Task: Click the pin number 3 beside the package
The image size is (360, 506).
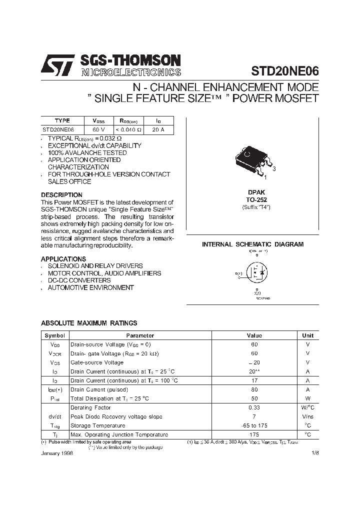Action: tap(274, 169)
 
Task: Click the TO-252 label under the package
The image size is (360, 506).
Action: tap(256, 199)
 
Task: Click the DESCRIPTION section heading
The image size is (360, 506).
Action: tap(61, 195)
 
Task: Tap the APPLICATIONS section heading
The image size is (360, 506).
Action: tap(63, 259)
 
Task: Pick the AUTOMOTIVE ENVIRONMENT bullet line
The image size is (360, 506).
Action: tap(90, 288)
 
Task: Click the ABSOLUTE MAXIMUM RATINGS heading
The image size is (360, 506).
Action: tap(89, 323)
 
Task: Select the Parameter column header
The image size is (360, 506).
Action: tap(140, 336)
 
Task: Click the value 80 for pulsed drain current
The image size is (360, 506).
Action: tap(254, 389)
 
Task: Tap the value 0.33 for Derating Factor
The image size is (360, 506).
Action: tap(254, 407)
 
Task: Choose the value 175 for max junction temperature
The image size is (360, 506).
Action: tap(254, 434)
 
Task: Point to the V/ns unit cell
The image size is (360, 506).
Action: tap(307, 416)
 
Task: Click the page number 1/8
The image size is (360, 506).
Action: tap(314, 452)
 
